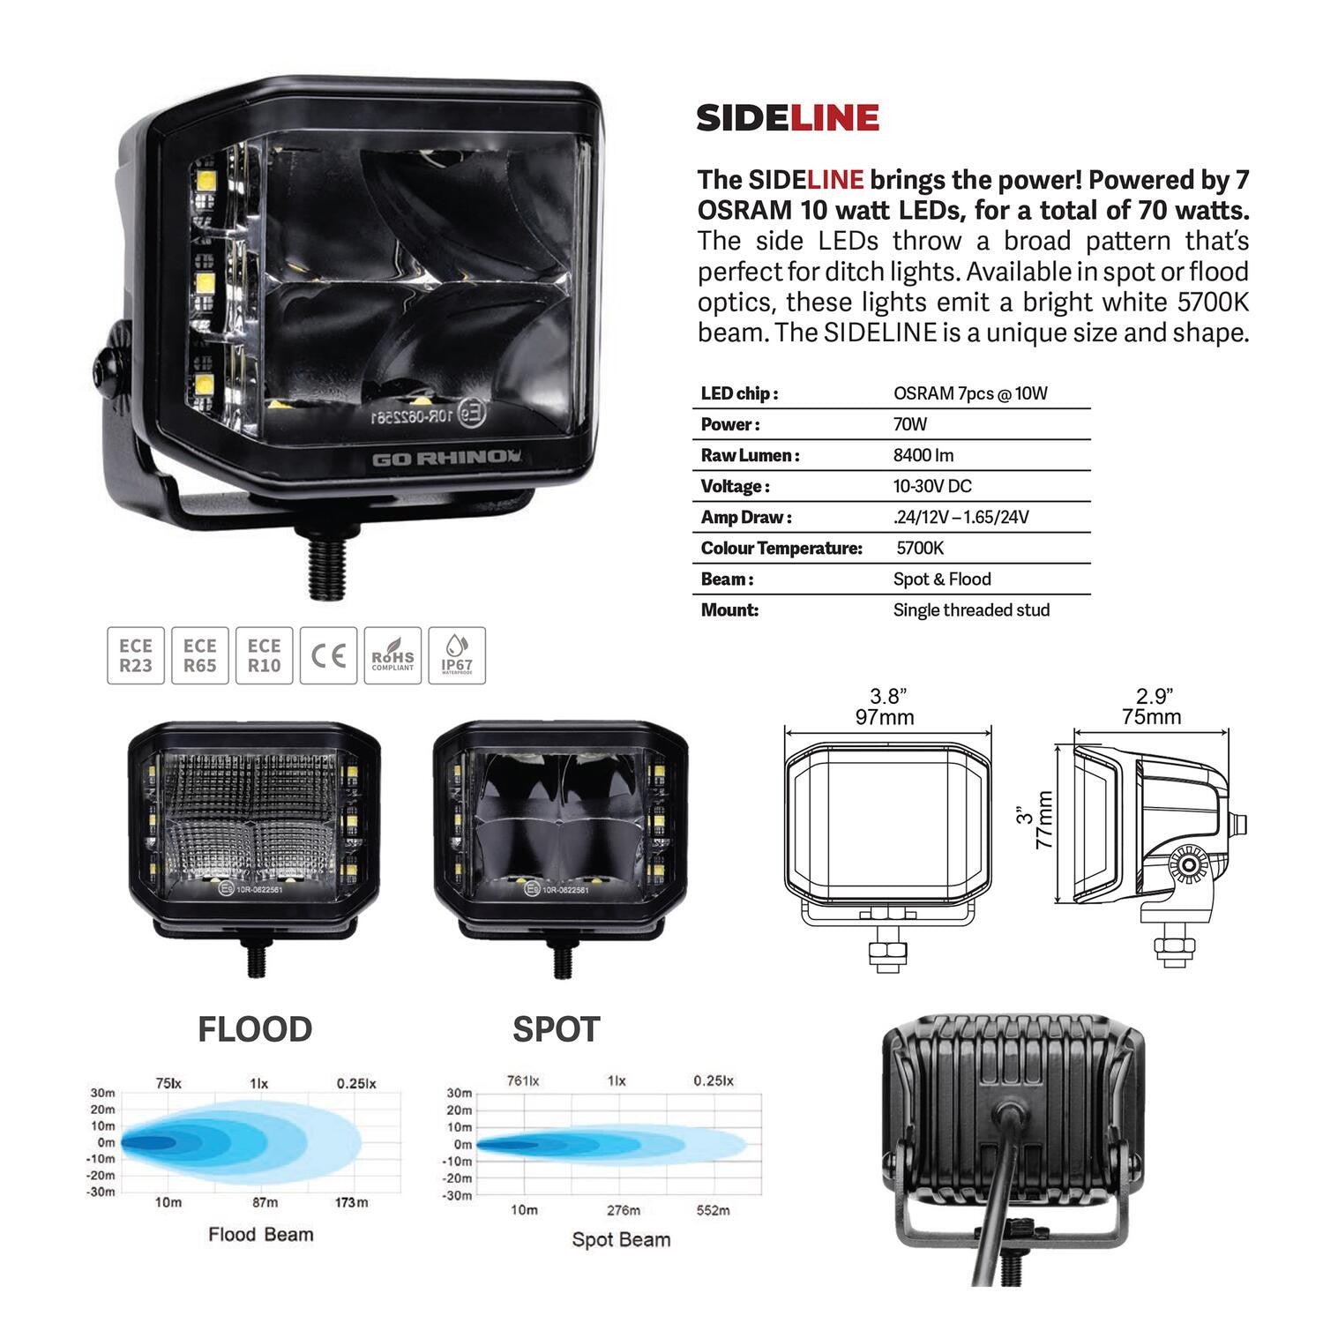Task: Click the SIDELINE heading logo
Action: (x=787, y=117)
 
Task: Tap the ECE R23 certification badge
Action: (x=136, y=655)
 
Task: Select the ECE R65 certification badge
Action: (x=200, y=655)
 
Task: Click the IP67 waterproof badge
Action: (x=456, y=655)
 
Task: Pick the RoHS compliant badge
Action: (x=392, y=655)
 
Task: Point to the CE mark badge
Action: (x=328, y=655)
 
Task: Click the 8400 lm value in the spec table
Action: (x=923, y=455)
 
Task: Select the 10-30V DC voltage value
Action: (x=931, y=486)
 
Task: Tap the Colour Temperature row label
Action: (x=781, y=548)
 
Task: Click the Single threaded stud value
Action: (x=970, y=609)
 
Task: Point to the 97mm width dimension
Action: (x=885, y=717)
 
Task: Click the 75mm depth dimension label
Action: (x=1151, y=716)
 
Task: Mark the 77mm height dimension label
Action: (x=1044, y=819)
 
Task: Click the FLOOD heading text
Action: (x=255, y=1029)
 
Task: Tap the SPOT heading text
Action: (x=556, y=1029)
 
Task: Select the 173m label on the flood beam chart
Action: (x=351, y=1202)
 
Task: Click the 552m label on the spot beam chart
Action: (x=713, y=1210)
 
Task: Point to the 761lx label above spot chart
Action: (x=523, y=1080)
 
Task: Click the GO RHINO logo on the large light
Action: (x=446, y=458)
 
